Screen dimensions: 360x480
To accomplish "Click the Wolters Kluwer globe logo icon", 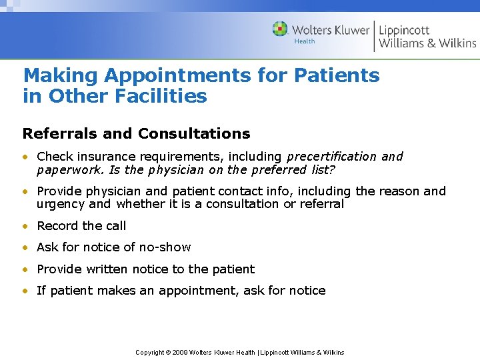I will [x=280, y=29].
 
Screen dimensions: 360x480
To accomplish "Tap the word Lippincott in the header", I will [x=404, y=29].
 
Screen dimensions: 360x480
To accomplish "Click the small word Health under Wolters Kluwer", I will [x=305, y=41].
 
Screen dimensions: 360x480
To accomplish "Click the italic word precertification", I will [x=331, y=157].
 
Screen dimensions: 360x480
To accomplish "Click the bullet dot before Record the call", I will [x=25, y=226].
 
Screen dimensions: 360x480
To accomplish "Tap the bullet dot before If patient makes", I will [x=25, y=291].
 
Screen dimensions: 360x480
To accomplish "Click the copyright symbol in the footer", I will [x=169, y=352].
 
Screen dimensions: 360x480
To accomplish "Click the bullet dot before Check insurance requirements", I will [x=25, y=157].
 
